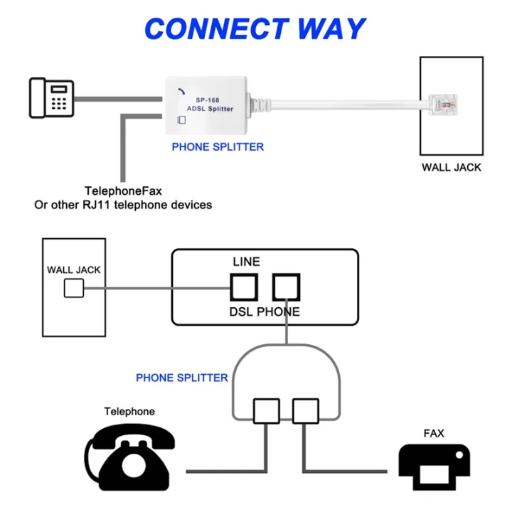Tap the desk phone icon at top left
tap(50, 97)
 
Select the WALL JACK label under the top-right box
tap(451, 168)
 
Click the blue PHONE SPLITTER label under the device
tap(218, 147)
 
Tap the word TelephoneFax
tap(123, 191)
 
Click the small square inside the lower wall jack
tap(73, 288)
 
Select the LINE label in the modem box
tap(247, 262)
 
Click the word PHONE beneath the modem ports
tap(278, 311)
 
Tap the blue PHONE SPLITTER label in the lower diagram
tap(182, 378)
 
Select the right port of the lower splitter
tap(306, 411)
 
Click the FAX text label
tap(434, 433)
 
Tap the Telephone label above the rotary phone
tap(129, 412)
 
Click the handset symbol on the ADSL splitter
tap(181, 90)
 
